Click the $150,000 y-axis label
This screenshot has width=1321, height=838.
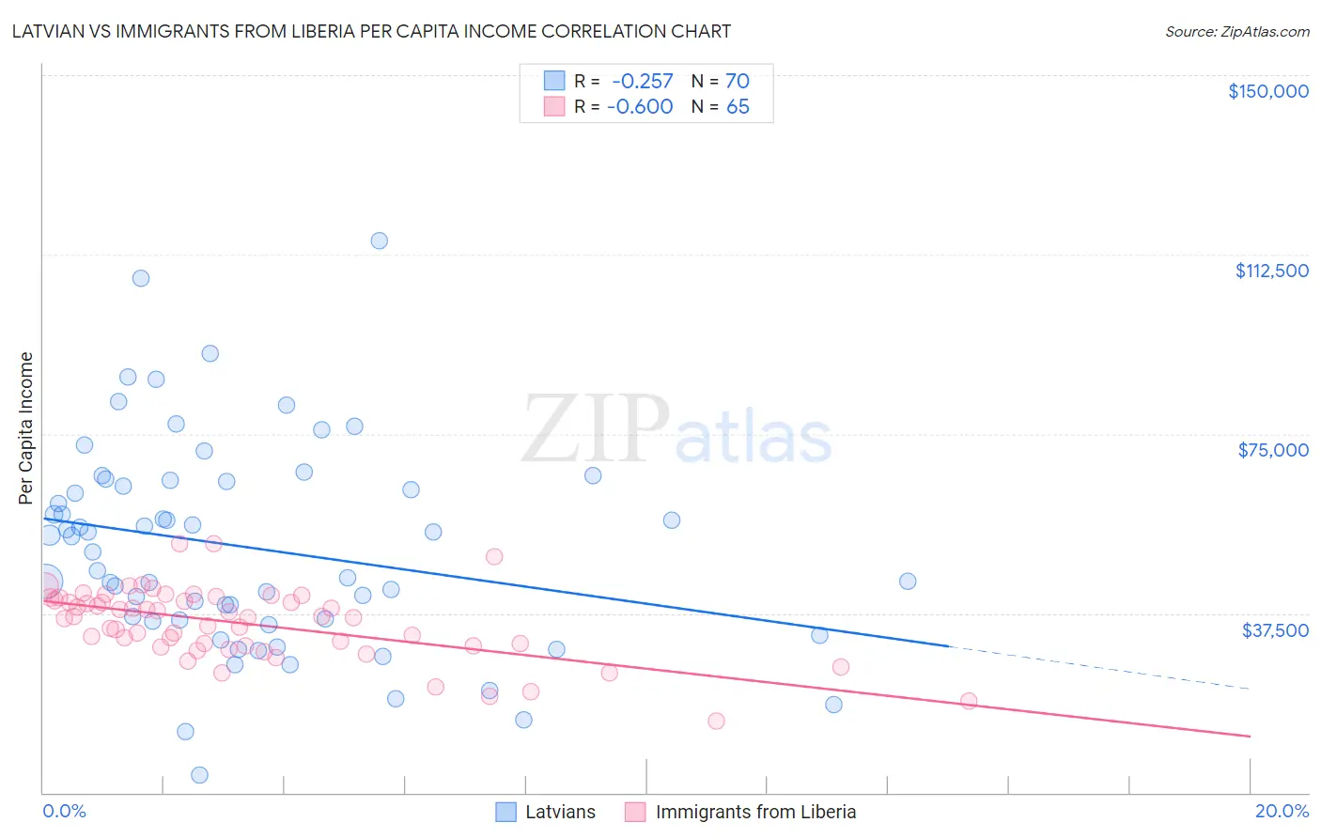tap(1267, 91)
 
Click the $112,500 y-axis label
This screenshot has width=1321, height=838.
tap(1271, 271)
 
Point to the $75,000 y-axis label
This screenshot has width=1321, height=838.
tap(1272, 450)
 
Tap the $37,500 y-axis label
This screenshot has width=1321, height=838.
tap(1275, 629)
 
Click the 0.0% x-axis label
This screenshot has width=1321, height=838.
tap(64, 811)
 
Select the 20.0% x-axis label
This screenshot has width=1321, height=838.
tap(1282, 811)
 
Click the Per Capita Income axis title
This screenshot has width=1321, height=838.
tap(26, 427)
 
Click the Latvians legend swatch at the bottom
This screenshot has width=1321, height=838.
tap(506, 812)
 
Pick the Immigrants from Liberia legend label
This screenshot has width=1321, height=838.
tap(755, 812)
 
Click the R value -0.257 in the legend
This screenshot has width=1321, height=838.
tap(643, 82)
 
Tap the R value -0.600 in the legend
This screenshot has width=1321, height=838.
tap(640, 107)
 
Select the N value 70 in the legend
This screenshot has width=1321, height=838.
tap(737, 82)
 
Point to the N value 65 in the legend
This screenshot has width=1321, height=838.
tap(738, 107)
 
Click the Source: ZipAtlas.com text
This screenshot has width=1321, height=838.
tap(1236, 31)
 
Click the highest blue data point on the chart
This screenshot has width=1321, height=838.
tap(379, 241)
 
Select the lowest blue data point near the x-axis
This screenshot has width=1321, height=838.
tap(199, 775)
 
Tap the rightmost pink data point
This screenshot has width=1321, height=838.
tap(969, 701)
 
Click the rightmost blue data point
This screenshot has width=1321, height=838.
tap(908, 582)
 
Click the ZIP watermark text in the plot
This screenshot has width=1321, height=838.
tap(596, 429)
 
